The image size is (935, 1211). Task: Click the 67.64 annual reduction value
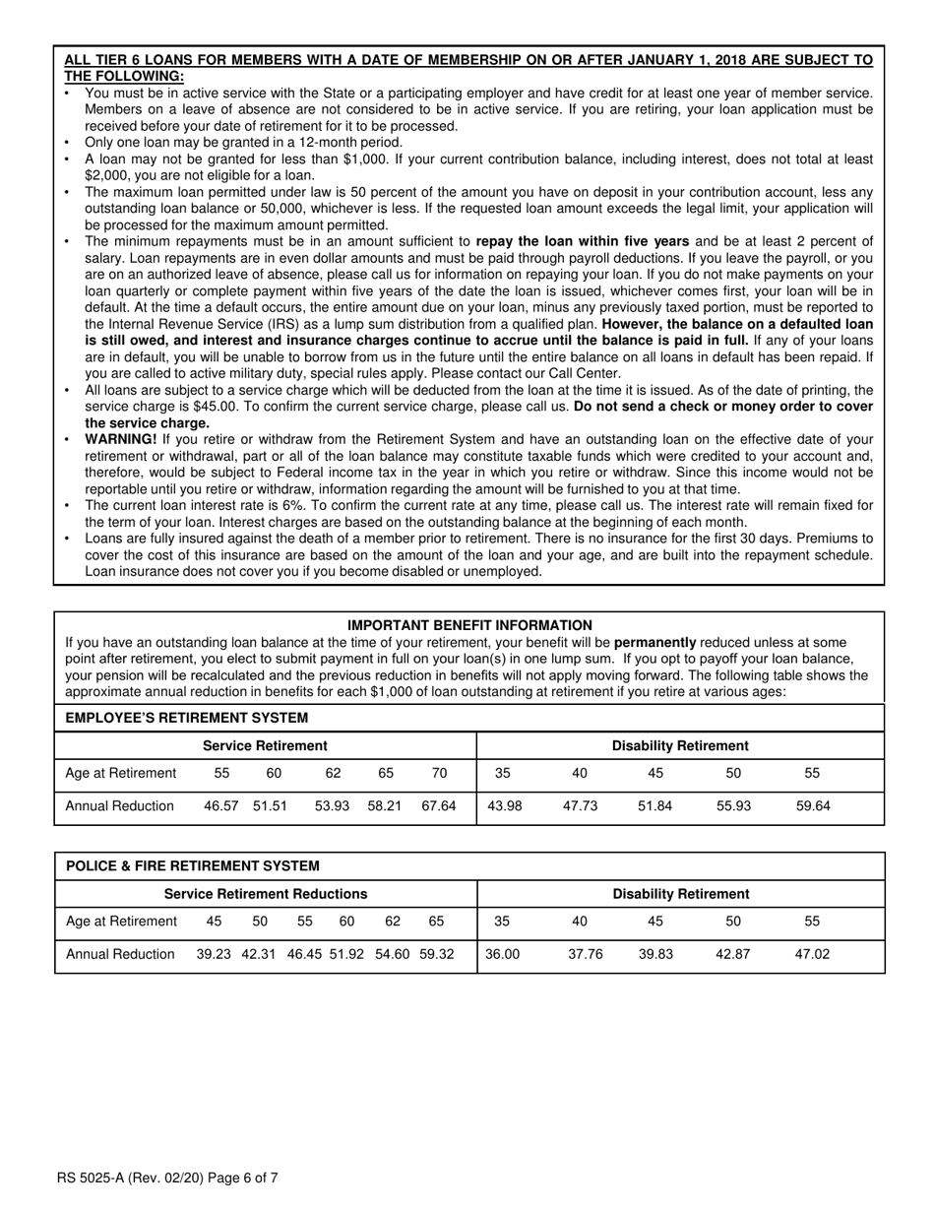tap(438, 805)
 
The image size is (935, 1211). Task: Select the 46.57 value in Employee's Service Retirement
tap(221, 805)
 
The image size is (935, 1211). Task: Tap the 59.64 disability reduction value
tap(813, 805)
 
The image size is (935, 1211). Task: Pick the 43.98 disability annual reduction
tap(504, 805)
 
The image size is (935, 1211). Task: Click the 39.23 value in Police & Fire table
tap(214, 954)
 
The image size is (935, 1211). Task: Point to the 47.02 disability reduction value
tap(813, 954)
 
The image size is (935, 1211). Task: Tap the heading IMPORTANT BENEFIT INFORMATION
tap(469, 625)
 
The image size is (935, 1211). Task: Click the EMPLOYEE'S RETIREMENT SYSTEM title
tap(186, 718)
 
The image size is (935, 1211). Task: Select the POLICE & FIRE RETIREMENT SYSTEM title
tap(192, 866)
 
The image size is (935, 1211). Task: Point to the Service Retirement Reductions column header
tap(265, 894)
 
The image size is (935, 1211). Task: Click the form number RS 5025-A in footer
tap(98, 1177)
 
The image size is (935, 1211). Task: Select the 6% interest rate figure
tap(304, 505)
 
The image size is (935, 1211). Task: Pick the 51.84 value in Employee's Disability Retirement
tap(655, 805)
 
